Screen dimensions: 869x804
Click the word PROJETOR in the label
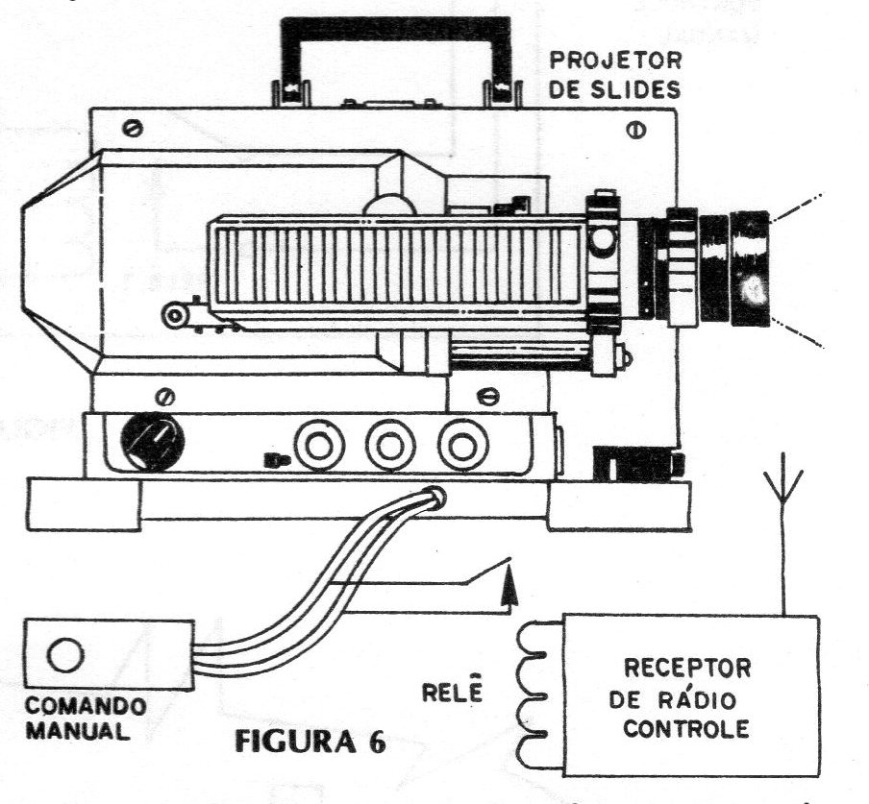pos(615,61)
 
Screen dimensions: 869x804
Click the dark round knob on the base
pos(153,441)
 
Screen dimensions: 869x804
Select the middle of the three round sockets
pos(390,445)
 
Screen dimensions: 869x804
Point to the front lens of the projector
pos(749,269)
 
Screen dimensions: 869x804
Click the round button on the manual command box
pos(65,655)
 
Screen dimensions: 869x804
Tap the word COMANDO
pos(87,706)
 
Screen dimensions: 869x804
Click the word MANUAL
pos(78,731)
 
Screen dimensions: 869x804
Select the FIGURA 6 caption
pos(310,742)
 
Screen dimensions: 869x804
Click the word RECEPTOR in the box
pos(687,668)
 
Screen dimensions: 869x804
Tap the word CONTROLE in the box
pos(686,728)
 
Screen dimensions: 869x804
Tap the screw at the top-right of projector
pos(636,130)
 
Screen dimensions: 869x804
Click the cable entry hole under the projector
pos(435,497)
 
